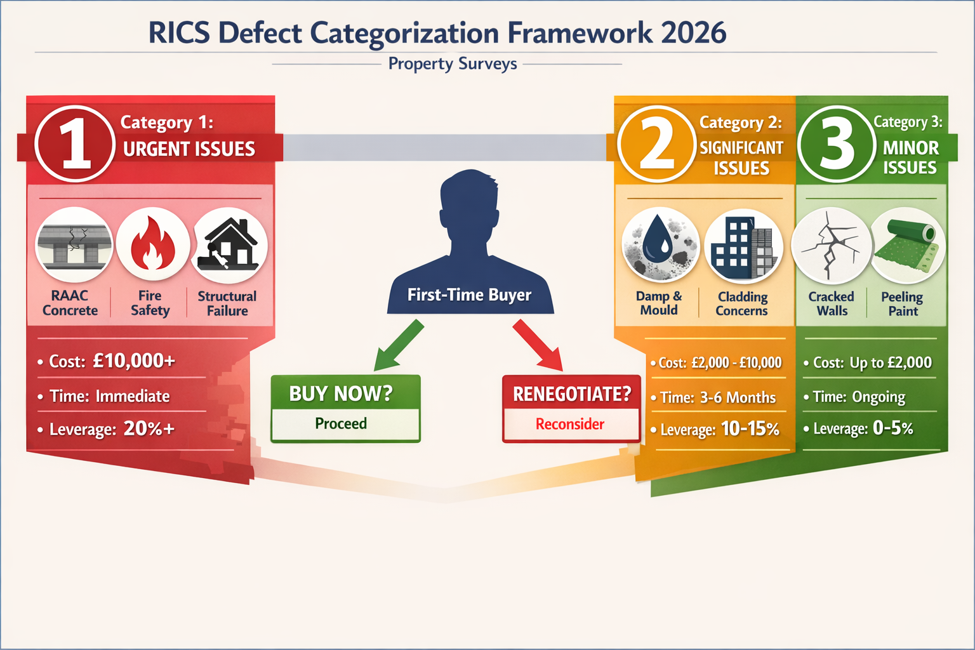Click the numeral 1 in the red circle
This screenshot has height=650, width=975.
pos(75,145)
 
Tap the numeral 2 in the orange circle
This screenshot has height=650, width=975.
pos(656,145)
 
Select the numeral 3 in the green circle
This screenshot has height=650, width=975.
pos(837,145)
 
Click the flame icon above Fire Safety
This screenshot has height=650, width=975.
pos(152,244)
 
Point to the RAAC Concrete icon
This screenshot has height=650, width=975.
pos(74,244)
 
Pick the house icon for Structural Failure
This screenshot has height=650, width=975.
pos(229,244)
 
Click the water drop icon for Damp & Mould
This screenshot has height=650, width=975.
pos(661,244)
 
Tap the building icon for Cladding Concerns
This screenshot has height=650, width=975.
pos(743,246)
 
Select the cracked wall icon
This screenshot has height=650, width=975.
pos(830,246)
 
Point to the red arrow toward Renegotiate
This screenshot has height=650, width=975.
pos(538,345)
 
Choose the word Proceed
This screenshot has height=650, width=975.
pos(341,424)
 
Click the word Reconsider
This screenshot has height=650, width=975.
pos(570,425)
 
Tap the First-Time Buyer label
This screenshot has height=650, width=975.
pos(469,295)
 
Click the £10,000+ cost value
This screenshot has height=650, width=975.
pos(133,361)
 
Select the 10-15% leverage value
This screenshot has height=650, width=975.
pos(750,429)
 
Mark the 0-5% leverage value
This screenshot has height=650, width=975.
pos(892,428)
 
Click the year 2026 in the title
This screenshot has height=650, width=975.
pos(693,33)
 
